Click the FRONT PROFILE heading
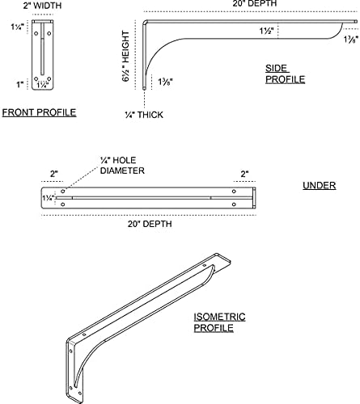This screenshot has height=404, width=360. pyautogui.click(x=39, y=112)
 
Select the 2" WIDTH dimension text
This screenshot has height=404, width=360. pyautogui.click(x=42, y=6)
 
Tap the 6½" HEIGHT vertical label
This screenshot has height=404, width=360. pyautogui.click(x=125, y=57)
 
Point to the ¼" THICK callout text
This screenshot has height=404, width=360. pyautogui.click(x=144, y=115)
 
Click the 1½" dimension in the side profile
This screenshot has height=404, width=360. pyautogui.click(x=267, y=31)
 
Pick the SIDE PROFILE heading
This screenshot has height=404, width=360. pyautogui.click(x=286, y=74)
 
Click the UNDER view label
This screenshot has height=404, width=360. pyautogui.click(x=320, y=185)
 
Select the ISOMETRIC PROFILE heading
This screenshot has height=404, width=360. pyautogui.click(x=219, y=322)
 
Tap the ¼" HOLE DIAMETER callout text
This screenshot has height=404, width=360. pyautogui.click(x=122, y=165)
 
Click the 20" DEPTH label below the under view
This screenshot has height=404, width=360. pyautogui.click(x=150, y=224)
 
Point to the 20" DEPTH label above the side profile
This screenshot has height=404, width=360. pyautogui.click(x=255, y=3)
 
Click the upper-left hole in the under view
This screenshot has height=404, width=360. pyautogui.click(x=63, y=191)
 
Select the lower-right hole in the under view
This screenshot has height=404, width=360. pyautogui.click(x=234, y=204)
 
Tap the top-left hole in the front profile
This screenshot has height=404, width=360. pyautogui.click(x=36, y=34)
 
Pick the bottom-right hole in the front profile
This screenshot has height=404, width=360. pyautogui.click(x=49, y=78)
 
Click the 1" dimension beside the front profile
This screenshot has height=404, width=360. pyautogui.click(x=20, y=85)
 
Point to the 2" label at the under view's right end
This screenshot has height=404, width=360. pyautogui.click(x=244, y=174)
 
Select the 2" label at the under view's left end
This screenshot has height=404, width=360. pyautogui.click(x=54, y=174)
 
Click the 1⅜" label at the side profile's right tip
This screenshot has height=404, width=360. pyautogui.click(x=351, y=40)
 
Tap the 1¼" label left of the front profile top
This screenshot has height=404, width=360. pyautogui.click(x=18, y=27)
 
